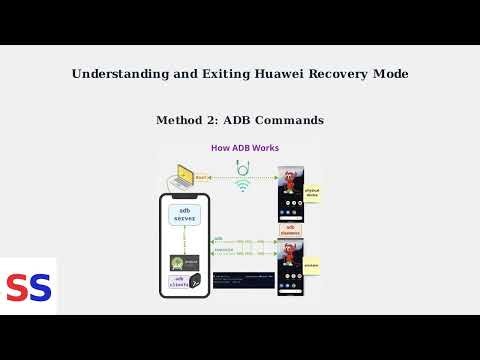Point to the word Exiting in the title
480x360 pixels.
click(x=209, y=74)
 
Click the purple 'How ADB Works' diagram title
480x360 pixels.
click(x=244, y=148)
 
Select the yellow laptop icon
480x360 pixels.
click(x=185, y=176)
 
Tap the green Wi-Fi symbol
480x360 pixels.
click(x=243, y=184)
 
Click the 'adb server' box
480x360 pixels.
click(x=185, y=217)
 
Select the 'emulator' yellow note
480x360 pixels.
click(x=313, y=266)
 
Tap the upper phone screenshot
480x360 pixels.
click(x=290, y=193)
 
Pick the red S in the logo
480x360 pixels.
click(x=17, y=288)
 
